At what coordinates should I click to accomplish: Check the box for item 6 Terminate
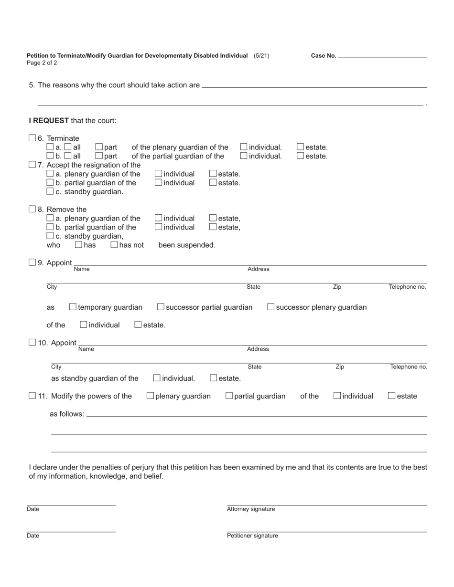pyautogui.click(x=32, y=138)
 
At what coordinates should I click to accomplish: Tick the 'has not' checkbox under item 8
pyautogui.click(x=114, y=245)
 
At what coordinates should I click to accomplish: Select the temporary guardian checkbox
pyautogui.click(x=73, y=307)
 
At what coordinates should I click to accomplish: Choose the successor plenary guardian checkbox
pyautogui.click(x=271, y=307)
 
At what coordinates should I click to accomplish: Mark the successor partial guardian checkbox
pyautogui.click(x=161, y=307)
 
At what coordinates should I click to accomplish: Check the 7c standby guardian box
pyautogui.click(x=50, y=191)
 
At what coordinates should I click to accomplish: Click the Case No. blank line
pyautogui.click(x=382, y=56)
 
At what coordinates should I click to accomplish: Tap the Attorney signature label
pyautogui.click(x=251, y=509)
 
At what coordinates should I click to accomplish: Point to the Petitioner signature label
pyautogui.click(x=252, y=536)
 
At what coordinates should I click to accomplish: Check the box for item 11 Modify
pyautogui.click(x=32, y=396)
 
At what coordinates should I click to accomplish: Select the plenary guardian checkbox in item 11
pyautogui.click(x=151, y=396)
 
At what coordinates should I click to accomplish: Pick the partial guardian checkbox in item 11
pyautogui.click(x=229, y=396)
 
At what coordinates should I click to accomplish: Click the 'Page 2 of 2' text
pyautogui.click(x=42, y=63)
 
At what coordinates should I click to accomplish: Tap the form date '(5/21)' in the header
pyautogui.click(x=261, y=56)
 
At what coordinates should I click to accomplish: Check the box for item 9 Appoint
pyautogui.click(x=32, y=262)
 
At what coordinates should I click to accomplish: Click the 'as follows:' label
pyautogui.click(x=67, y=414)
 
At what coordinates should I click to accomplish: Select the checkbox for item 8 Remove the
pyautogui.click(x=32, y=209)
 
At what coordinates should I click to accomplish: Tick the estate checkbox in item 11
pyautogui.click(x=392, y=396)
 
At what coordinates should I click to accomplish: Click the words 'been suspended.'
pyautogui.click(x=187, y=245)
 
